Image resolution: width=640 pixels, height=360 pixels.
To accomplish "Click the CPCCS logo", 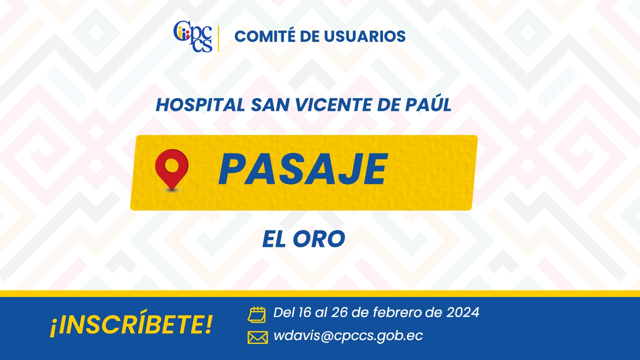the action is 193,36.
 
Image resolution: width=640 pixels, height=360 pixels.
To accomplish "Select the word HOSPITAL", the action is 200,105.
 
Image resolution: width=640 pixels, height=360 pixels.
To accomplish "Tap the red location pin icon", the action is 171,170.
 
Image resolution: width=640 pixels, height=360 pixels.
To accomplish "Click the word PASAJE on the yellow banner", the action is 303,169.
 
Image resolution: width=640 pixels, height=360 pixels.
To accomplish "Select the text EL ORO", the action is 303,239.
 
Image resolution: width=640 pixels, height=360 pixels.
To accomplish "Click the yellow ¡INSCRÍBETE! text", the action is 131,323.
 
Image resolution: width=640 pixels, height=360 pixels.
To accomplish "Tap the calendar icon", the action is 256,315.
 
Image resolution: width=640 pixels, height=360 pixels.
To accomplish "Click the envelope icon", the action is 257,337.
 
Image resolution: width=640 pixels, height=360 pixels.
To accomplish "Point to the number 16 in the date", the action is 304,312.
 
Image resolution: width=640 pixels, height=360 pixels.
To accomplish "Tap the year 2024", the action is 463,312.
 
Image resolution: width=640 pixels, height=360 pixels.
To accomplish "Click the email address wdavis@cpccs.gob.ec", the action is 348,336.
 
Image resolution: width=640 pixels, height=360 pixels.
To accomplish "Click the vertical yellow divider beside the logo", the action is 218,38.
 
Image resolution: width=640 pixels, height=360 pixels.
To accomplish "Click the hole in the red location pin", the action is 171,165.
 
